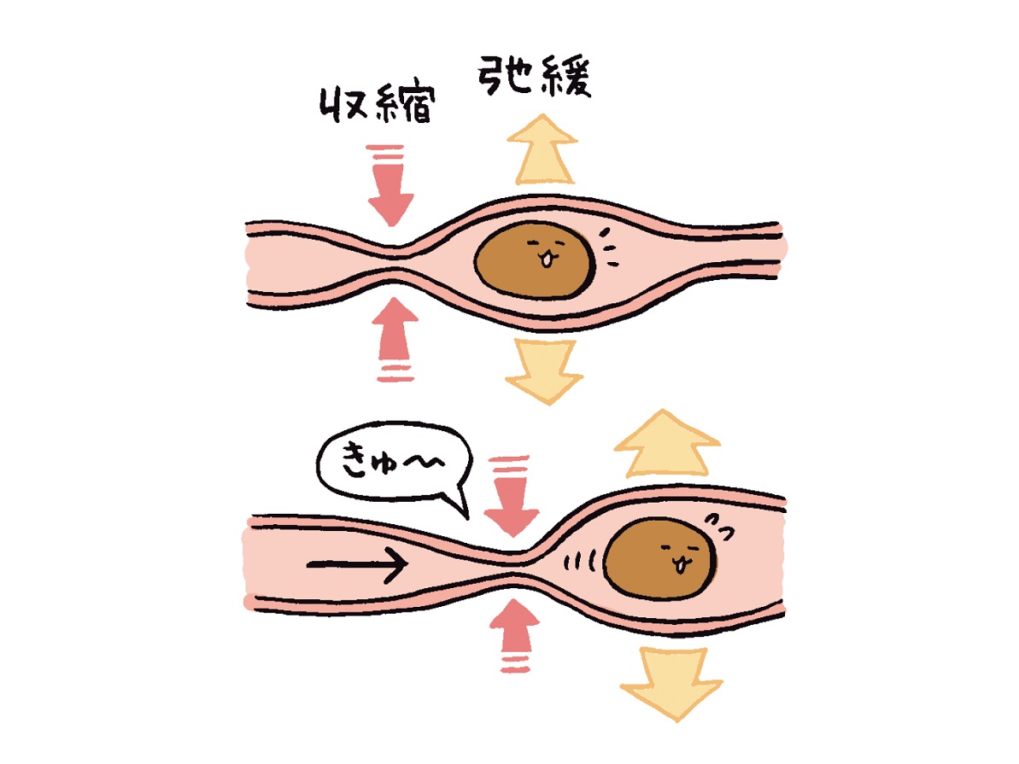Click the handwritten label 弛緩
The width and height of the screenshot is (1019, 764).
(x=535, y=76)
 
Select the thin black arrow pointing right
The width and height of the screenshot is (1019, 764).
(x=357, y=564)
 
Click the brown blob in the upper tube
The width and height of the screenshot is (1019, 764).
(x=535, y=260)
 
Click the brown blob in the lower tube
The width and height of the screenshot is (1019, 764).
(x=659, y=558)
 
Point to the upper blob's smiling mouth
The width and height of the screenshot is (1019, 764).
(x=548, y=260)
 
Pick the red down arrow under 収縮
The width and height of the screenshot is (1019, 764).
(x=390, y=185)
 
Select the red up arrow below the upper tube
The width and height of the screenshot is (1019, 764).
(x=395, y=338)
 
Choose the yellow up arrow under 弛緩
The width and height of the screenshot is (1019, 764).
(x=542, y=149)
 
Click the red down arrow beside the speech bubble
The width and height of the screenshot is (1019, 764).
(x=512, y=496)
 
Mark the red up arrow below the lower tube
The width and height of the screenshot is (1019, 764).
(x=515, y=635)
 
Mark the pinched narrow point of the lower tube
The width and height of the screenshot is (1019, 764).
(x=513, y=564)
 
